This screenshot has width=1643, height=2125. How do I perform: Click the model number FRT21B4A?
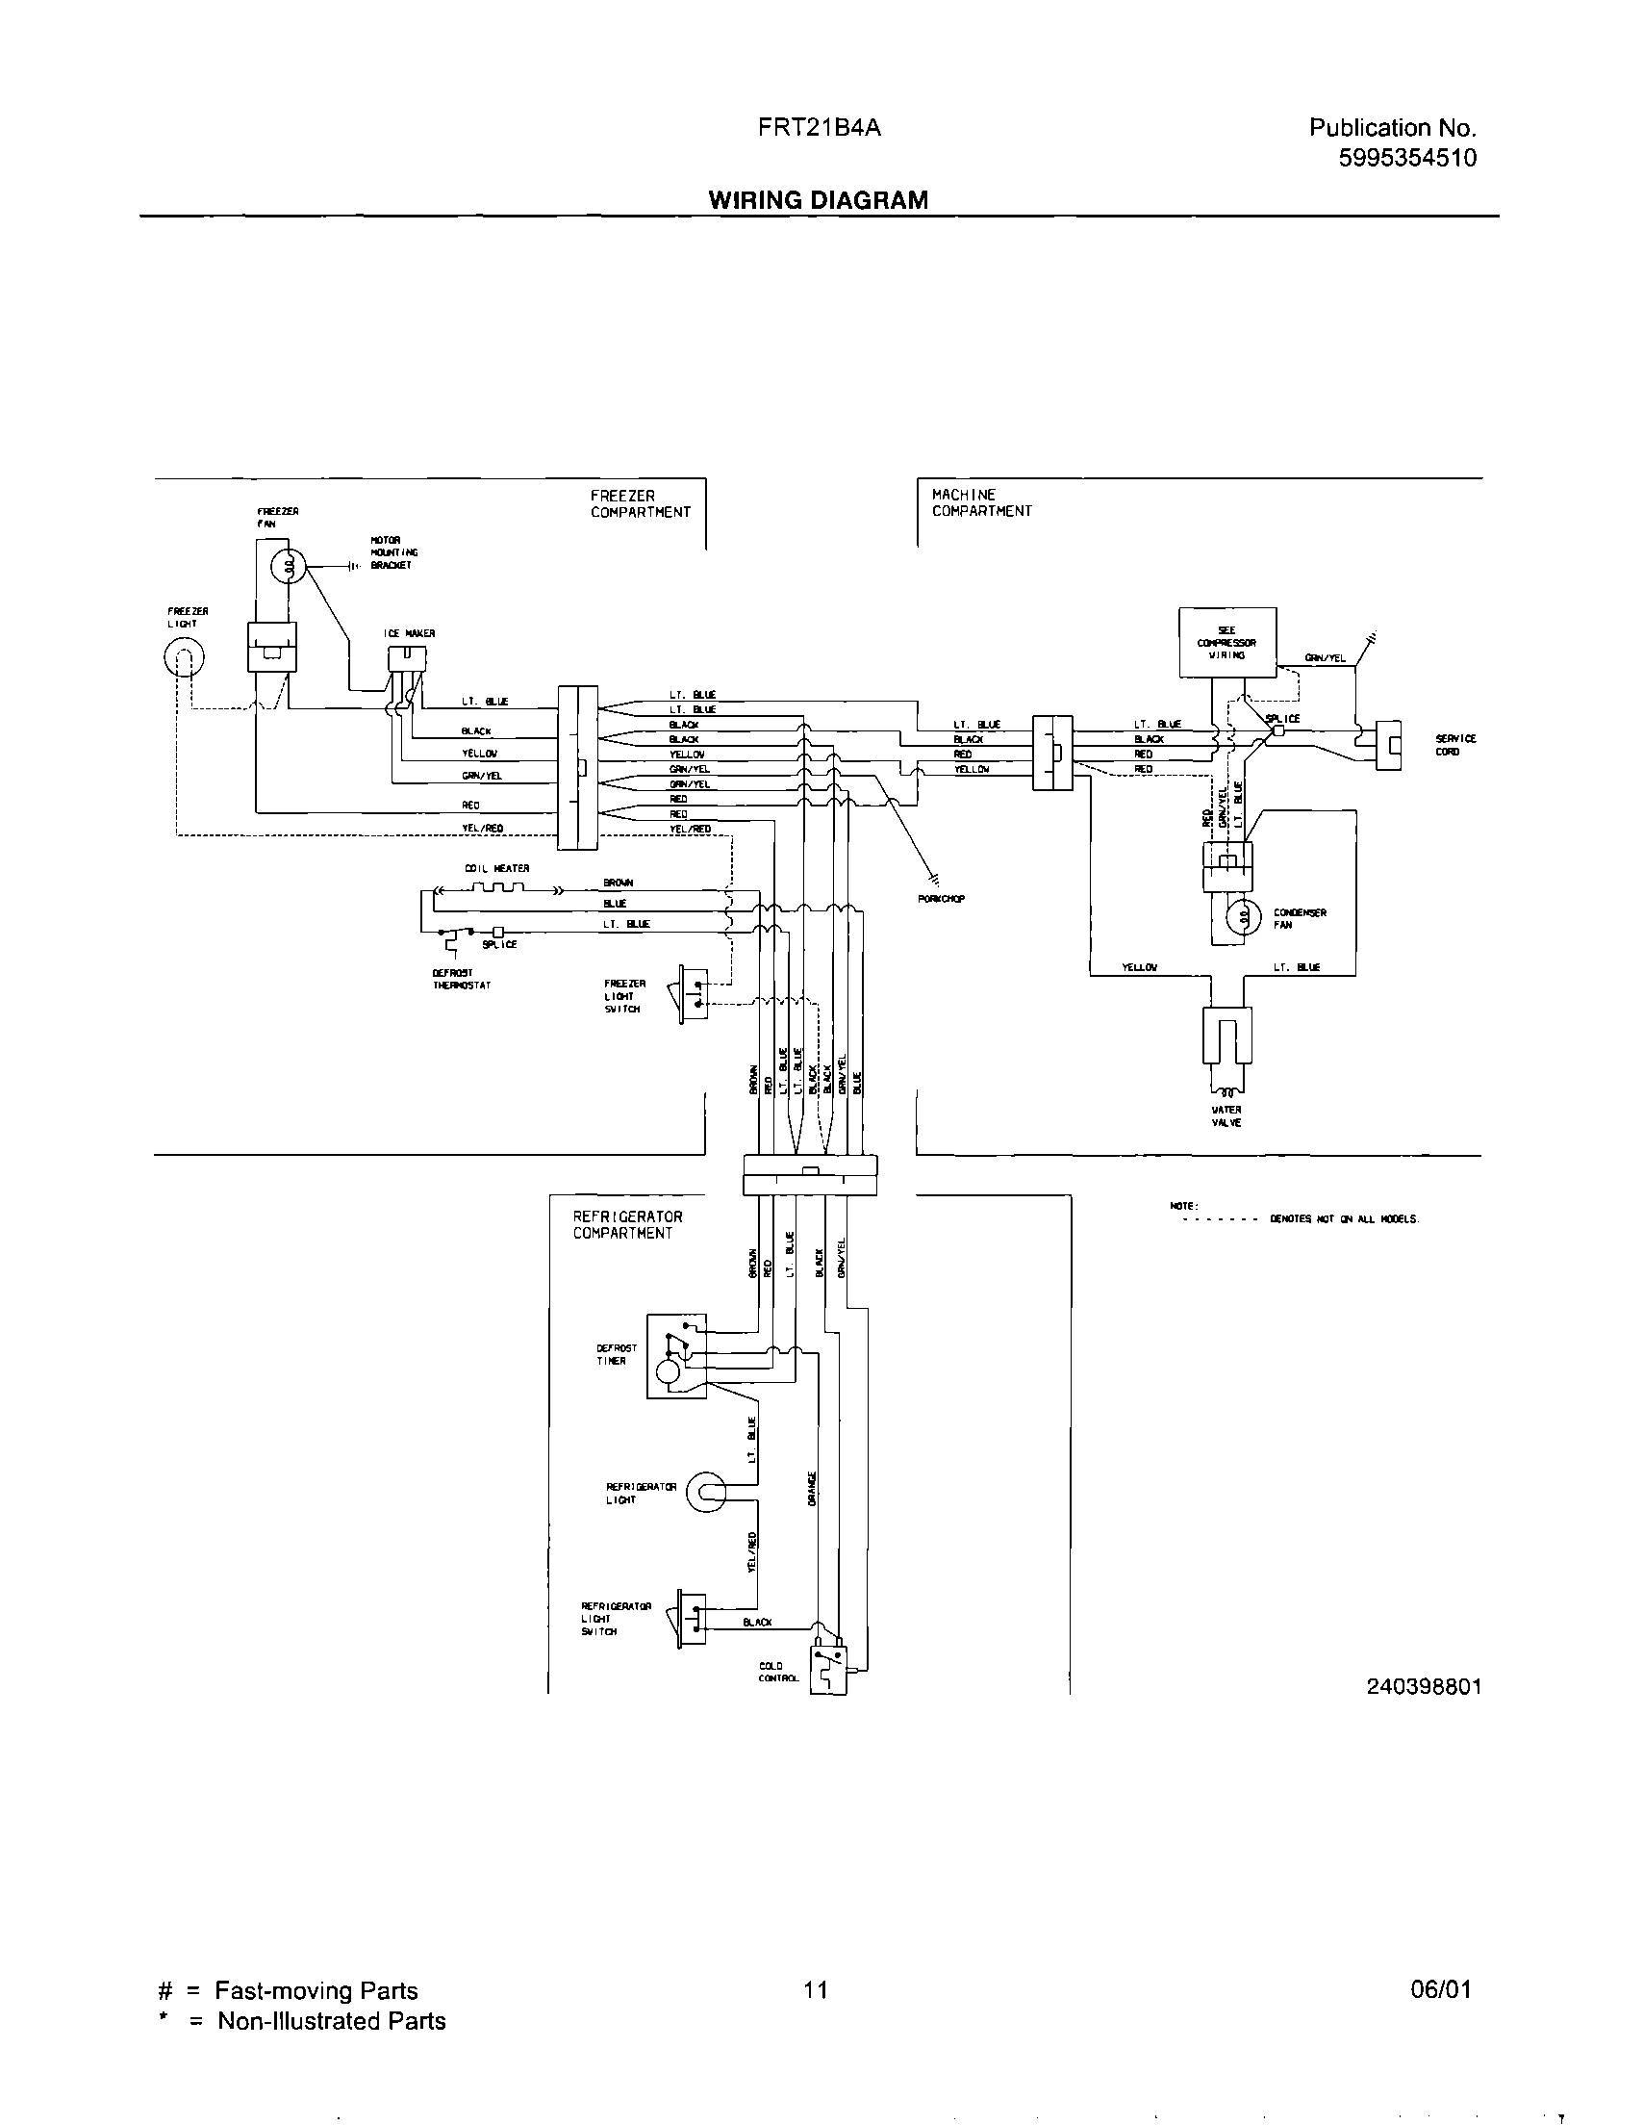[819, 127]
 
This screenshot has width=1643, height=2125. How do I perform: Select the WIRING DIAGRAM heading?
[818, 200]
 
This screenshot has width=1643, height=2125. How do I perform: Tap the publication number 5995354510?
[1406, 158]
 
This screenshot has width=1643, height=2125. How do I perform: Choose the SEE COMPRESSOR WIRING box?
[1226, 642]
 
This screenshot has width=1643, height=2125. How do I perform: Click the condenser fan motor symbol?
[1242, 917]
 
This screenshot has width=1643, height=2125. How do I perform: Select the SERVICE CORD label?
[1454, 745]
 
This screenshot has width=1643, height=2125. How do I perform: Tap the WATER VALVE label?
[1226, 1116]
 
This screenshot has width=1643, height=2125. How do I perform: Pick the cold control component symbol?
[829, 1670]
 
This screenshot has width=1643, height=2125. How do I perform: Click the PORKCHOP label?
[941, 899]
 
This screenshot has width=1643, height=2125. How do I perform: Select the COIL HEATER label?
[497, 868]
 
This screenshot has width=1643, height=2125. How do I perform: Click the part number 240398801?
[1423, 1686]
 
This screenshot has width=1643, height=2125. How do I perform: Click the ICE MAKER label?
[409, 633]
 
